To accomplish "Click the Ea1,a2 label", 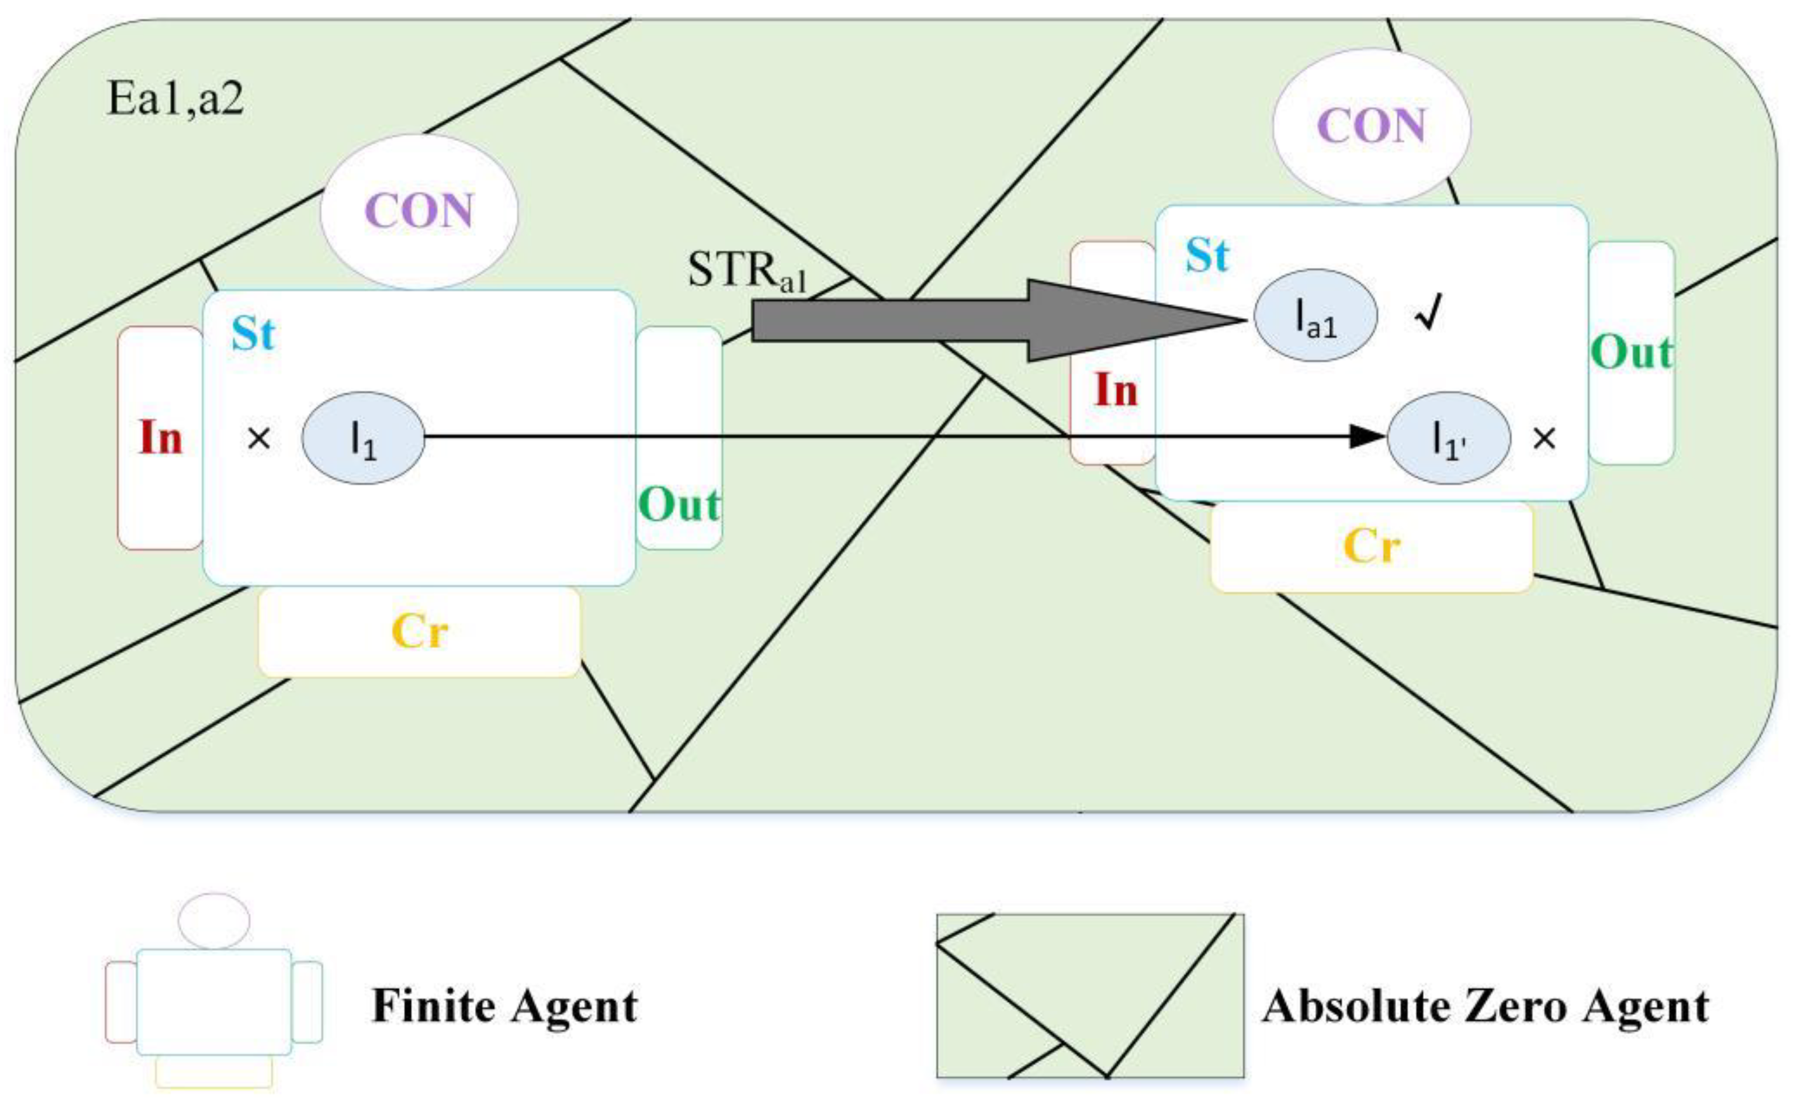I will click(175, 98).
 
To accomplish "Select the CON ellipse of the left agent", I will click(419, 211).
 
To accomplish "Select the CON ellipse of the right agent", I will click(1371, 126).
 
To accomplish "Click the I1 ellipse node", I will click(363, 438).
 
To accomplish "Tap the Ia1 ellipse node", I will click(1315, 315).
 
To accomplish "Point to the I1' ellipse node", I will click(1449, 438).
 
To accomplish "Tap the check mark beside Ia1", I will click(1428, 313).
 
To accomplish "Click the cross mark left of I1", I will click(258, 439).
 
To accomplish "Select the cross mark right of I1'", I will click(1544, 439).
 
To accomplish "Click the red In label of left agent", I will click(161, 438).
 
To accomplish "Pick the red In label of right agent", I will click(1115, 390).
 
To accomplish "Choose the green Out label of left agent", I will click(679, 505).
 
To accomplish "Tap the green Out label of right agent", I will click(1632, 352).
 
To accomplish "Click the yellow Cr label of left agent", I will click(419, 631).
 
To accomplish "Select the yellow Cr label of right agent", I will click(1371, 546).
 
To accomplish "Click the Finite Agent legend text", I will click(505, 1005).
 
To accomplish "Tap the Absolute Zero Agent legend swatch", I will click(1090, 995).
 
